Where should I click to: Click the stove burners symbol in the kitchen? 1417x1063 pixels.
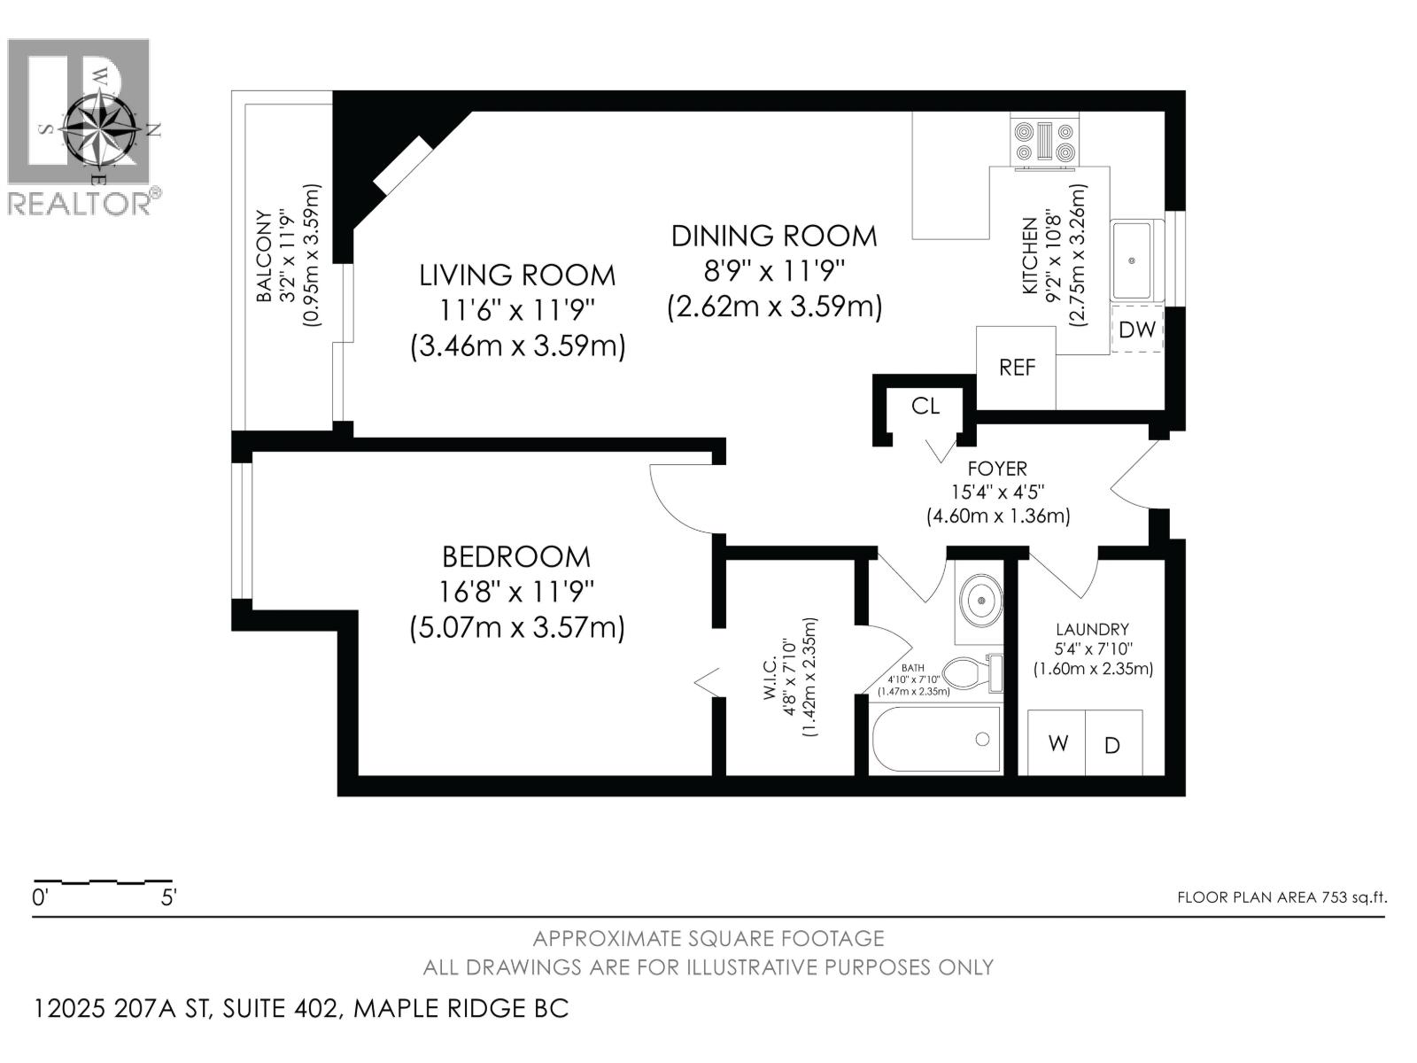pyautogui.click(x=1045, y=142)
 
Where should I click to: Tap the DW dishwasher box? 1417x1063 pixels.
pyautogui.click(x=1136, y=330)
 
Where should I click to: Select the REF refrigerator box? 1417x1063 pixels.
pyautogui.click(x=1016, y=367)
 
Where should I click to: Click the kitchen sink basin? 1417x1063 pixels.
pyautogui.click(x=1132, y=260)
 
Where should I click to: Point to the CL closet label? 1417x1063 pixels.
pyautogui.click(x=925, y=406)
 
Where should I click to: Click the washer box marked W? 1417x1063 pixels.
pyautogui.click(x=1057, y=743)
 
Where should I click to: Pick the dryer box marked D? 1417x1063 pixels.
pyautogui.click(x=1112, y=745)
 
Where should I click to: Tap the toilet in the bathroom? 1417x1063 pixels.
pyautogui.click(x=968, y=674)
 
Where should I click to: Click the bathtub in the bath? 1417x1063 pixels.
pyautogui.click(x=936, y=740)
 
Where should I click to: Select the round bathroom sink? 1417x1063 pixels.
pyautogui.click(x=981, y=600)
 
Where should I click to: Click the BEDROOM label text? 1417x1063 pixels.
pyautogui.click(x=516, y=557)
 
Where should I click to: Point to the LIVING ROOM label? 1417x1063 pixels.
pyautogui.click(x=517, y=275)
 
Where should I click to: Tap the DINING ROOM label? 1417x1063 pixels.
pyautogui.click(x=773, y=236)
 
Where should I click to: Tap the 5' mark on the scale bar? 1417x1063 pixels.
pyautogui.click(x=168, y=897)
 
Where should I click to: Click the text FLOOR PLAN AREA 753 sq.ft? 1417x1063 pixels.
pyautogui.click(x=1281, y=897)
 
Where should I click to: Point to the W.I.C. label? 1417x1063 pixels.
pyautogui.click(x=770, y=678)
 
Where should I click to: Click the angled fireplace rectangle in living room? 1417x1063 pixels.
pyautogui.click(x=403, y=165)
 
